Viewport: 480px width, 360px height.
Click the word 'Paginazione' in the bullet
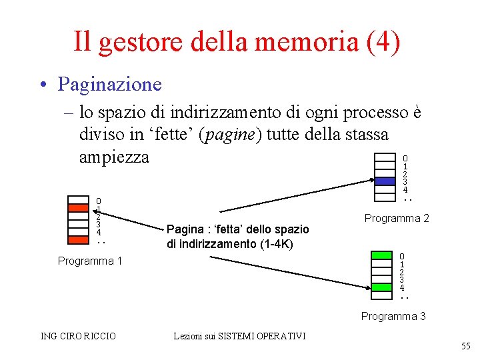coord(109,84)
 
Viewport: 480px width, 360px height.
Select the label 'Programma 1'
coord(90,261)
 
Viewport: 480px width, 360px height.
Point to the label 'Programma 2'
coord(397,218)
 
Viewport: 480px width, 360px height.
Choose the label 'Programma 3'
coord(393,316)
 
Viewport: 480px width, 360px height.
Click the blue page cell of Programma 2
coord(385,181)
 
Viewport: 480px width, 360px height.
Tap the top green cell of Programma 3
coord(381,255)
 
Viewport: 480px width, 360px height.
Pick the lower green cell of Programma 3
coord(381,287)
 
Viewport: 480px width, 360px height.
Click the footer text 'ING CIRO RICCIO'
coord(78,336)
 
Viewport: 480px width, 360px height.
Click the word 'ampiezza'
coord(114,157)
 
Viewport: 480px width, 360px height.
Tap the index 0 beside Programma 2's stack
coord(405,158)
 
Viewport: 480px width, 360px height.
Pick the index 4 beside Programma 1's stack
coord(99,232)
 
